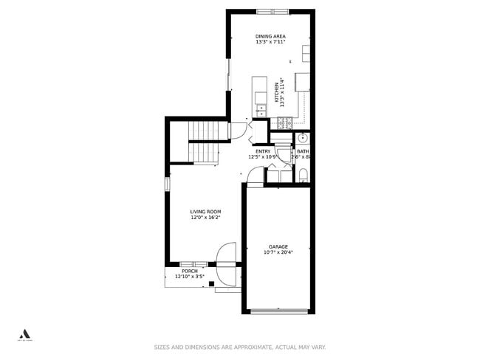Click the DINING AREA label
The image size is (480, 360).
270,36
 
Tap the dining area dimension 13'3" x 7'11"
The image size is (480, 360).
270,42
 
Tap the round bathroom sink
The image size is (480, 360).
303,138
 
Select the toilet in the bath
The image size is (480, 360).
303,175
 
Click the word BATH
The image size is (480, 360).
303,151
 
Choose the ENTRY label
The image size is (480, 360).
263,151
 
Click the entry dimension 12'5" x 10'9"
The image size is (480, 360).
263,156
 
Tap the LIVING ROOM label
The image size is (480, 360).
205,212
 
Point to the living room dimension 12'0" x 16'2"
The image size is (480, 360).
205,218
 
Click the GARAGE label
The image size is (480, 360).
278,247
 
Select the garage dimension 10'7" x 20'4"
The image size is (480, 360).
278,253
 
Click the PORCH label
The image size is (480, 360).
190,271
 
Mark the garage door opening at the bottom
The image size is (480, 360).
278,311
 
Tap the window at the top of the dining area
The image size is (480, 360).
272,11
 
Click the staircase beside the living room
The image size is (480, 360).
203,142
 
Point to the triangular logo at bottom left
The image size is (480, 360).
24,333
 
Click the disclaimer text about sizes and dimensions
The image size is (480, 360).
240,347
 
